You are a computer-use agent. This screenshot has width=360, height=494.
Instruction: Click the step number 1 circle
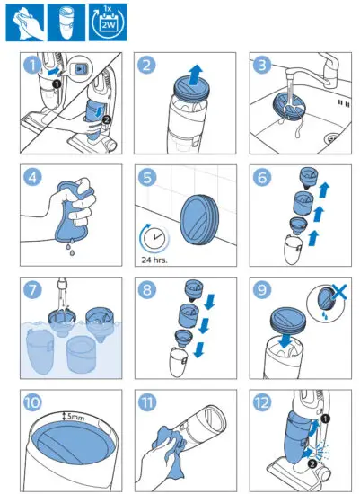pos(32,66)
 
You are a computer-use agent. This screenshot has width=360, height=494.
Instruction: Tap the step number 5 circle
pos(147,177)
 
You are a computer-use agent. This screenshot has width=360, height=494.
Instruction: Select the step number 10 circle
pos(32,402)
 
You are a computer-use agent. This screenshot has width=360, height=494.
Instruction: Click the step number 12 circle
pos(262,402)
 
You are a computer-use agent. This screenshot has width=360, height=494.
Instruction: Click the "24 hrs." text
pos(154,260)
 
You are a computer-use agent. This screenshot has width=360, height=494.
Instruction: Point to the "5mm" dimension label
pos(75,417)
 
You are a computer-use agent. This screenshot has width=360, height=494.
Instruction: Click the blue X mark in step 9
pos(338,292)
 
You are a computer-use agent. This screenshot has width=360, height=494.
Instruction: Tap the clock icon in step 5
pos(154,239)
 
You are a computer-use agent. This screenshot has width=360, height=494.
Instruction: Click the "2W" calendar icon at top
pos(108,22)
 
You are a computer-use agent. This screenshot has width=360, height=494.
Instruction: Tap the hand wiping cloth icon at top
pos(25,22)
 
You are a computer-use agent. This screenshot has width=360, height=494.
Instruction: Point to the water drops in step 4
pos(70,246)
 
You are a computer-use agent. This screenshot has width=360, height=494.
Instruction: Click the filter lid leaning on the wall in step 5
pos(199,223)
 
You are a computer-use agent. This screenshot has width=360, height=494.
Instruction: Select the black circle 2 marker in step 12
pos(312,463)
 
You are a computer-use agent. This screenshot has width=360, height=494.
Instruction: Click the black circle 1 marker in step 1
pos(57,84)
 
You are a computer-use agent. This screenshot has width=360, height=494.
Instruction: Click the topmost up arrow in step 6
pos(324,190)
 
